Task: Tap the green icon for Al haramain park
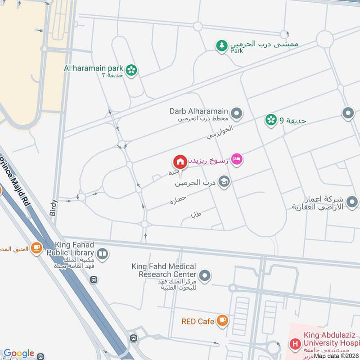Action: click(131, 70)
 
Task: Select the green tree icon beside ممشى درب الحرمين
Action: click(221, 45)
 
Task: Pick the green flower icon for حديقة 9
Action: click(270, 120)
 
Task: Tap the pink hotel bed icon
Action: click(237, 159)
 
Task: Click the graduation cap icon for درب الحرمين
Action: click(223, 182)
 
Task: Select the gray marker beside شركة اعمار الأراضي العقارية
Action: click(352, 201)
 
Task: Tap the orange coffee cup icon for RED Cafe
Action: click(222, 320)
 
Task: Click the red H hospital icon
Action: click(295, 345)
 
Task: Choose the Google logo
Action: click(19, 354)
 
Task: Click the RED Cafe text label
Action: click(198, 321)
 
